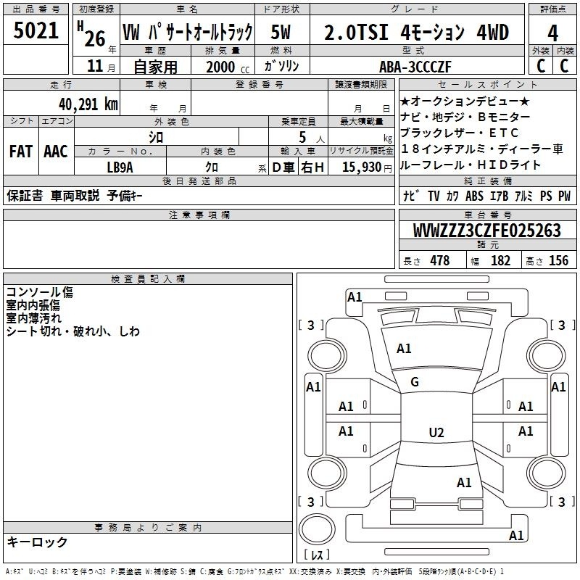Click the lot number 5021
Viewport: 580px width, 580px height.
(36, 30)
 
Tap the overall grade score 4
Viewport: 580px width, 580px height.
(552, 33)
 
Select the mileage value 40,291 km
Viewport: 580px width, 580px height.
(88, 104)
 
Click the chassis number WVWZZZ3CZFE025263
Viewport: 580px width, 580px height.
(487, 231)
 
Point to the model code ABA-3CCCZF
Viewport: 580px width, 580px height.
(415, 67)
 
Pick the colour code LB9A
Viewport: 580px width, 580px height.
(120, 167)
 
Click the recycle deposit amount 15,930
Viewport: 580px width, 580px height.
(362, 167)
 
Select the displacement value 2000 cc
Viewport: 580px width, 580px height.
(228, 67)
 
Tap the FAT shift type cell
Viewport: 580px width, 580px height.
(20, 152)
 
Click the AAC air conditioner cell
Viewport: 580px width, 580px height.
(56, 152)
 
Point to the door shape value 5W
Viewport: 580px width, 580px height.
(281, 32)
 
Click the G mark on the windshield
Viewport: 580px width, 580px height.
(415, 382)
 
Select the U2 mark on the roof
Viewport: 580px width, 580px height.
(436, 432)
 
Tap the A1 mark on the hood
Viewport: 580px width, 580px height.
(404, 349)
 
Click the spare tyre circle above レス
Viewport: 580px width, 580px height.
(317, 529)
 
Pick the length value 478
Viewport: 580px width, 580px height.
(440, 261)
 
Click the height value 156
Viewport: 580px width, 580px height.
(558, 261)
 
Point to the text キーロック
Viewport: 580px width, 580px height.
(37, 542)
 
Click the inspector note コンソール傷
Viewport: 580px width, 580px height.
(40, 292)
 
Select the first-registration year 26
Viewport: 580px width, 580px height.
(95, 39)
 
